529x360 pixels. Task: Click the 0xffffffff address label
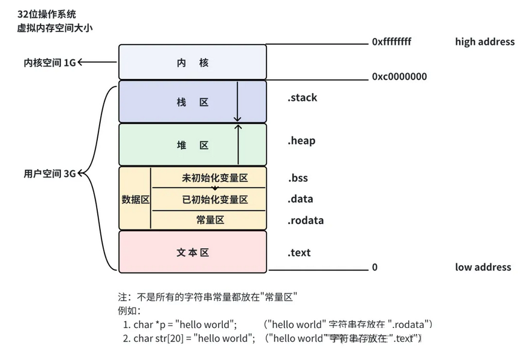391,42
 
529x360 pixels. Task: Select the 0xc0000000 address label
399,77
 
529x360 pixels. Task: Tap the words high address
484,42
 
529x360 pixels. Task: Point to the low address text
483,267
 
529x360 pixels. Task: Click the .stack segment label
302,98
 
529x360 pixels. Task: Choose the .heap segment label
301,141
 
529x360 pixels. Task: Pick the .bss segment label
298,178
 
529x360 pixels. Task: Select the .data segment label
300,199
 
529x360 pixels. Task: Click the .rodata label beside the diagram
306,220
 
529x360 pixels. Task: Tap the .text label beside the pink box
299,252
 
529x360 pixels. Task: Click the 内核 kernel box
193,62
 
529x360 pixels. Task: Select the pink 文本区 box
193,252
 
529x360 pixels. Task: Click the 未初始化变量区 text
214,178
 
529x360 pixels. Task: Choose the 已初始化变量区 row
214,199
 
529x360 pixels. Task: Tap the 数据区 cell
135,199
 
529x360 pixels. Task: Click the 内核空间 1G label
50,62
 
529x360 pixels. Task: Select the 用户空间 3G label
50,174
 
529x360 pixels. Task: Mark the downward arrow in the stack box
237,103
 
